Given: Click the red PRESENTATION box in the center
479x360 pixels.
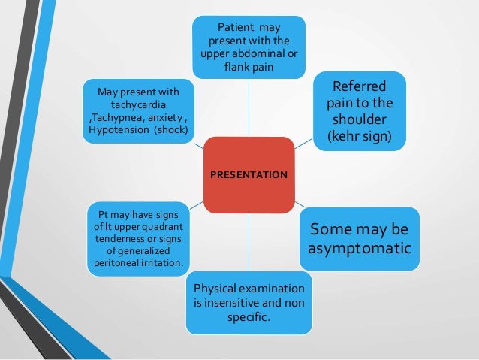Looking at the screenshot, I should (x=249, y=174).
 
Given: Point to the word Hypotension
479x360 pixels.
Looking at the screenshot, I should (x=118, y=129).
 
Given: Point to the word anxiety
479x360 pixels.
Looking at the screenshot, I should (x=166, y=116).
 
